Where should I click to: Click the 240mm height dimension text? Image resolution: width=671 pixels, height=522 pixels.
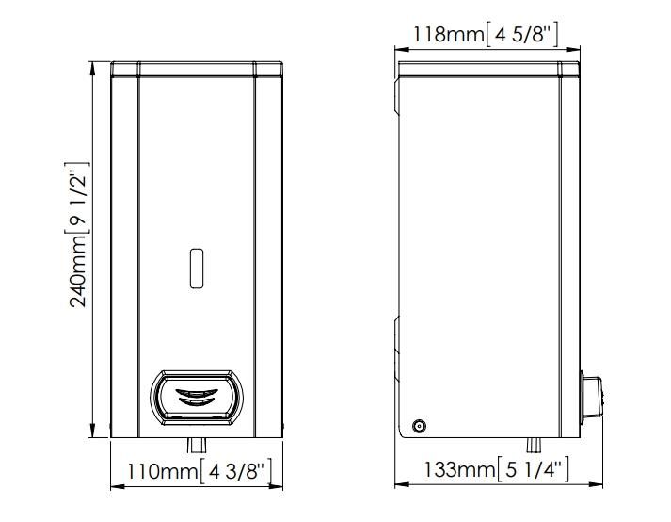pos(78,270)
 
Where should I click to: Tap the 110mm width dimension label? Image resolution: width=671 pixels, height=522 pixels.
pos(163,472)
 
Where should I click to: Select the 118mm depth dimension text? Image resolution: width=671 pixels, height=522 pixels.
pos(449,34)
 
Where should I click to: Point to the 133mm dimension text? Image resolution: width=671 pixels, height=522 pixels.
pos(459,469)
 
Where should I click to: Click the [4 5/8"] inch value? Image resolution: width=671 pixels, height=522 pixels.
pos(522,34)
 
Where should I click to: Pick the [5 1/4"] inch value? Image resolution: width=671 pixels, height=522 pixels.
pos(534,469)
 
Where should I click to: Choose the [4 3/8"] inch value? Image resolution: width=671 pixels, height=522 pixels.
pos(236,472)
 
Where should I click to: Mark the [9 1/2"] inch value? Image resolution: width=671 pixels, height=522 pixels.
pos(77,198)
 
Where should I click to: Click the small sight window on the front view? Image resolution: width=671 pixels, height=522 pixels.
pos(197,269)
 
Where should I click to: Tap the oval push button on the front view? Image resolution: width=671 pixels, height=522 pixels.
pos(197,398)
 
